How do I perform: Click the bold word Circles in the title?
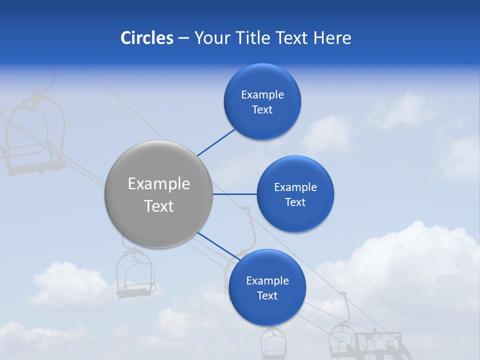tap(146, 38)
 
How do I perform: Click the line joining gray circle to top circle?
tap(216, 142)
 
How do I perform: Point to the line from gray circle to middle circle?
tap(234, 194)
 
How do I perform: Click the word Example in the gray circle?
tap(159, 183)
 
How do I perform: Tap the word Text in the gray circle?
tap(159, 206)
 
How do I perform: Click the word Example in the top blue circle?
tap(262, 94)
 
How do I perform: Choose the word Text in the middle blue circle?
tap(295, 202)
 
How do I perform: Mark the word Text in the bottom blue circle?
tap(267, 295)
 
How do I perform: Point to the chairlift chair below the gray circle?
tap(134, 275)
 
